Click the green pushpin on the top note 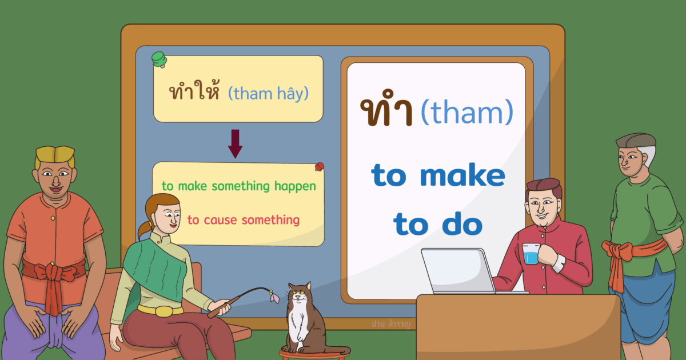click(x=158, y=58)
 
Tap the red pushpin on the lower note click(x=319, y=167)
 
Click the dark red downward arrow click(x=235, y=143)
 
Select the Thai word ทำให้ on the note click(x=194, y=93)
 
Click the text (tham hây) click(x=268, y=93)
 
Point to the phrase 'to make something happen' click(x=238, y=186)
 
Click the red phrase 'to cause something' click(x=244, y=220)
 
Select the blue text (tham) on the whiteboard click(x=466, y=112)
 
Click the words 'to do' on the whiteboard click(x=438, y=225)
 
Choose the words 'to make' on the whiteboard click(x=438, y=176)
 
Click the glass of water click(x=531, y=254)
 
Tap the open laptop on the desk click(x=457, y=271)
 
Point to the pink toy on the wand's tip click(x=274, y=296)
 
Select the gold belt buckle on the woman click(x=162, y=311)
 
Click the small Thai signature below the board click(x=391, y=323)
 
